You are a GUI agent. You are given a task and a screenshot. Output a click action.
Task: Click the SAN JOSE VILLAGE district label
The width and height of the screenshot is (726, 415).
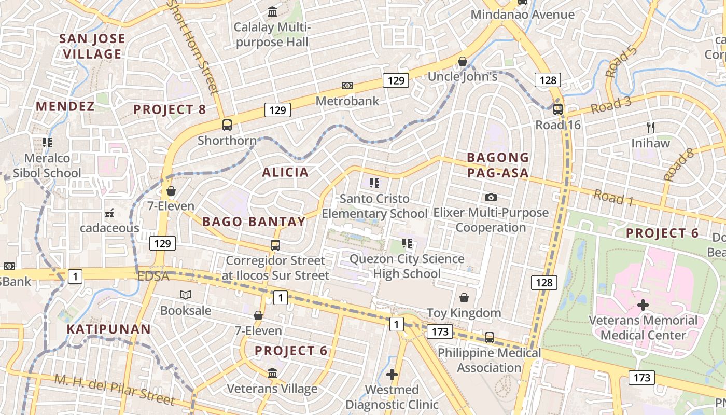(x=92, y=46)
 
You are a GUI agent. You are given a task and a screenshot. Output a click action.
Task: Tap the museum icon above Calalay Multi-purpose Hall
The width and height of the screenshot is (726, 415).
(x=272, y=11)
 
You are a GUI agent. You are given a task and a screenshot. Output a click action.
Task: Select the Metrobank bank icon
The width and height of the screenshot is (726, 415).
(x=347, y=86)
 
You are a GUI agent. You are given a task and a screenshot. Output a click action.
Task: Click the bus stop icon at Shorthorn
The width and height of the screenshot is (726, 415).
(x=227, y=125)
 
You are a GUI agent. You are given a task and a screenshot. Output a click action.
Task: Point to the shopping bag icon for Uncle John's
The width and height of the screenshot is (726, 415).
(x=463, y=61)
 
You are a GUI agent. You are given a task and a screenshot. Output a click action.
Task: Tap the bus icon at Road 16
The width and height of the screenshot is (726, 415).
(x=558, y=109)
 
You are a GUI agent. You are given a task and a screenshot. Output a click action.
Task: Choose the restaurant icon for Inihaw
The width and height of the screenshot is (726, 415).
(x=651, y=127)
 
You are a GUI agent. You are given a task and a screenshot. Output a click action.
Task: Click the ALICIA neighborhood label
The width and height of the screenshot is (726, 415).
(x=285, y=172)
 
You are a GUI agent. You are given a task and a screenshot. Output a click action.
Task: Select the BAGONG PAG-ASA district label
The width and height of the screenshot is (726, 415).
(x=498, y=165)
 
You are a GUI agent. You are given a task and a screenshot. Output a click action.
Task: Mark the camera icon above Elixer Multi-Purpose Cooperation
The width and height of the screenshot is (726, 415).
(x=491, y=197)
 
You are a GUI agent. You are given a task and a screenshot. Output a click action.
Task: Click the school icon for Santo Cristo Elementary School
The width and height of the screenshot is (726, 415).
(x=374, y=183)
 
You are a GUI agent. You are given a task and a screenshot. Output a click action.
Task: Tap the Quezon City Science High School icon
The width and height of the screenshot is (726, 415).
(x=407, y=243)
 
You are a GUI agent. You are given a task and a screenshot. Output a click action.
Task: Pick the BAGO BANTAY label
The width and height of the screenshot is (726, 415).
(x=254, y=222)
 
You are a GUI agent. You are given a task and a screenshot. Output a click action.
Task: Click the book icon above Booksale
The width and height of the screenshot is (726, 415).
(x=185, y=295)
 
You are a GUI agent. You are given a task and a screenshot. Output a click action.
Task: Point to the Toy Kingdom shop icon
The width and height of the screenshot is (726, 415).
(x=464, y=298)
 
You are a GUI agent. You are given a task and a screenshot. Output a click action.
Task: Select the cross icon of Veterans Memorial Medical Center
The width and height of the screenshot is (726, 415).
(x=643, y=305)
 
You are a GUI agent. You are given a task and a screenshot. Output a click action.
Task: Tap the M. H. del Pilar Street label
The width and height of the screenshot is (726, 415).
(x=115, y=389)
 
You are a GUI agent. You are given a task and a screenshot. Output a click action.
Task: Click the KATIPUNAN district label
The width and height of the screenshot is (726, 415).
(x=108, y=329)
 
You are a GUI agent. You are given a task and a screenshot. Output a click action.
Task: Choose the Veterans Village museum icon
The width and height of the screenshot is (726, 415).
(x=272, y=373)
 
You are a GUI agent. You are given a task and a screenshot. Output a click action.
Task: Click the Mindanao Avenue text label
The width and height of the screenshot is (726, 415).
(x=522, y=15)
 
